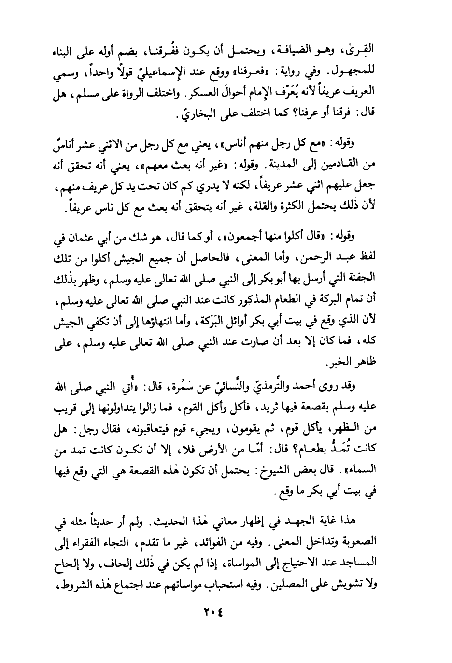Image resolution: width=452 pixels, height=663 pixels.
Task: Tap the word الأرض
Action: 160,449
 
